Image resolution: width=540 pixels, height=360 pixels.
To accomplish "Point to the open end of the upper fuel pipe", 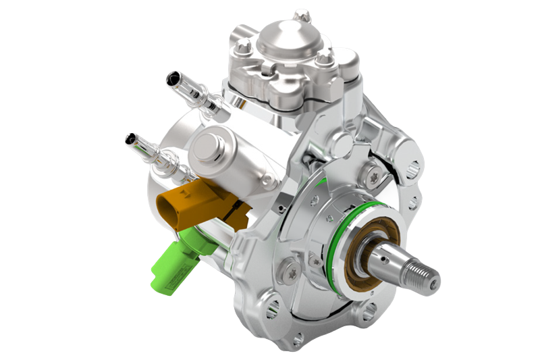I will tap(172, 80).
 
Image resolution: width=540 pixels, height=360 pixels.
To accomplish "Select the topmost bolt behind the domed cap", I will tap(302, 14).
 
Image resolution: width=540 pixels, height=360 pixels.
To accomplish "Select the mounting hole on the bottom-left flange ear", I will tap(272, 309).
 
